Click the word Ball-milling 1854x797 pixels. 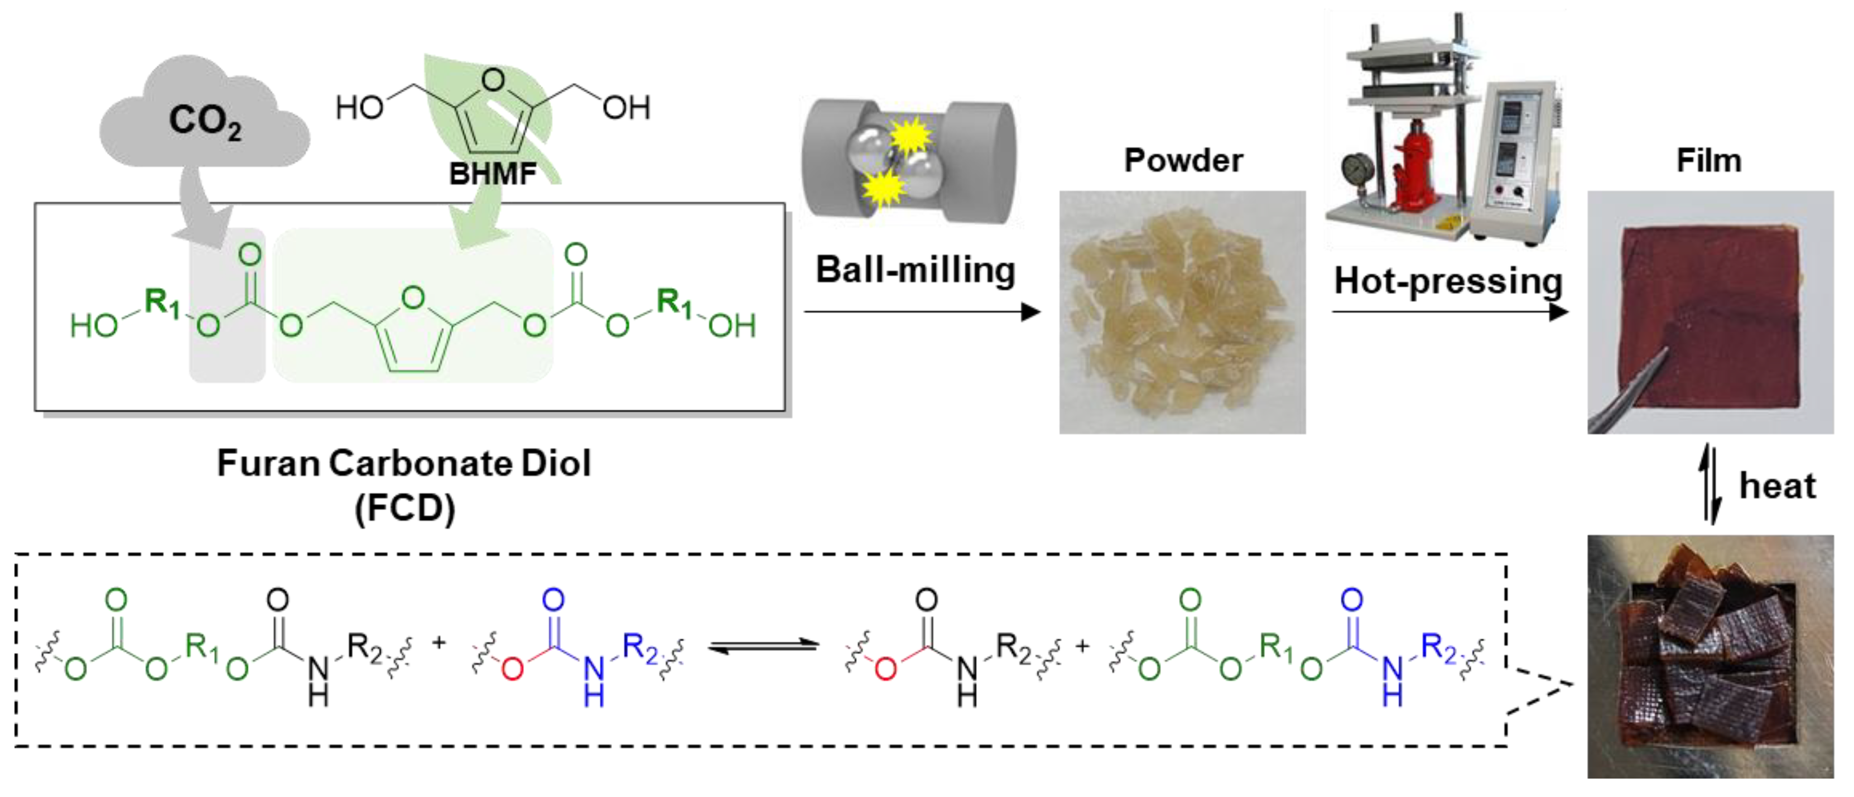click(x=916, y=271)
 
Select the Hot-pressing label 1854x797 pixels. click(x=1447, y=281)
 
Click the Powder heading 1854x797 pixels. click(x=1183, y=160)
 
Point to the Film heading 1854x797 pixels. click(x=1708, y=160)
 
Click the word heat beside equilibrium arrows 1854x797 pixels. click(x=1777, y=486)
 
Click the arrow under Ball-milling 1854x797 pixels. click(x=921, y=312)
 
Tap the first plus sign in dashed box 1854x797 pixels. click(x=439, y=642)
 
